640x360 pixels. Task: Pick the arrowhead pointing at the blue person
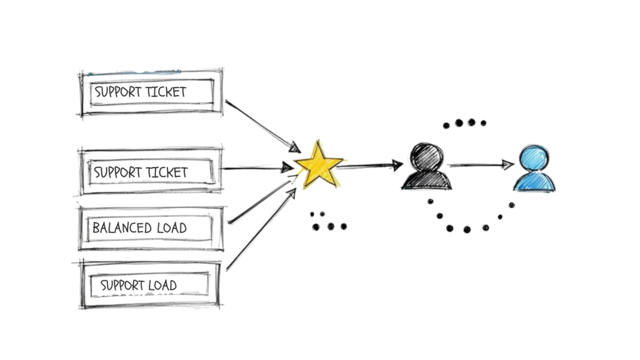click(x=508, y=165)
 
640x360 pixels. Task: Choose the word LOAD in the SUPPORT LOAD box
click(x=162, y=286)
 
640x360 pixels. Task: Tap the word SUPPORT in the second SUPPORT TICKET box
click(x=117, y=172)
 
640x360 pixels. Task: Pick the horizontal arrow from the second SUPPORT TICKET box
click(x=256, y=168)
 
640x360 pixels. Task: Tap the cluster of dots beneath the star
click(x=327, y=221)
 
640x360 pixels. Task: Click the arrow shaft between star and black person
click(x=369, y=166)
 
